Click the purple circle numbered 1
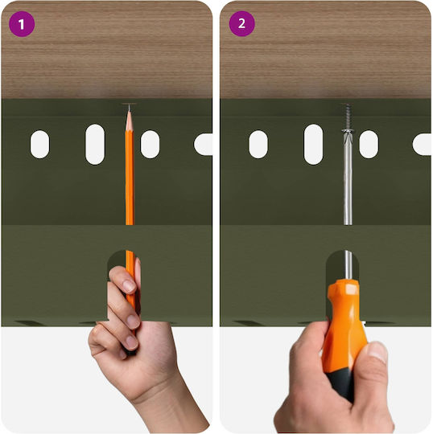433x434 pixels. [22, 24]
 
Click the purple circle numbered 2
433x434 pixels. [241, 24]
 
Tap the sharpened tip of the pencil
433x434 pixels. [129, 105]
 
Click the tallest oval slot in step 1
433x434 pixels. [95, 145]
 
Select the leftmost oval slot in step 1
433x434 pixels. [40, 145]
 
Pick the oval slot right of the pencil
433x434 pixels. [150, 145]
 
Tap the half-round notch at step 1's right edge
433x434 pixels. [204, 145]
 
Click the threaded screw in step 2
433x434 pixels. [348, 117]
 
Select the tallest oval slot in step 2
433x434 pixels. [314, 145]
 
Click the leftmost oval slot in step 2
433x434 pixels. [258, 145]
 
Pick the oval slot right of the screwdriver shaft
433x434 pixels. [369, 145]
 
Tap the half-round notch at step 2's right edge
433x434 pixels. [422, 145]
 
